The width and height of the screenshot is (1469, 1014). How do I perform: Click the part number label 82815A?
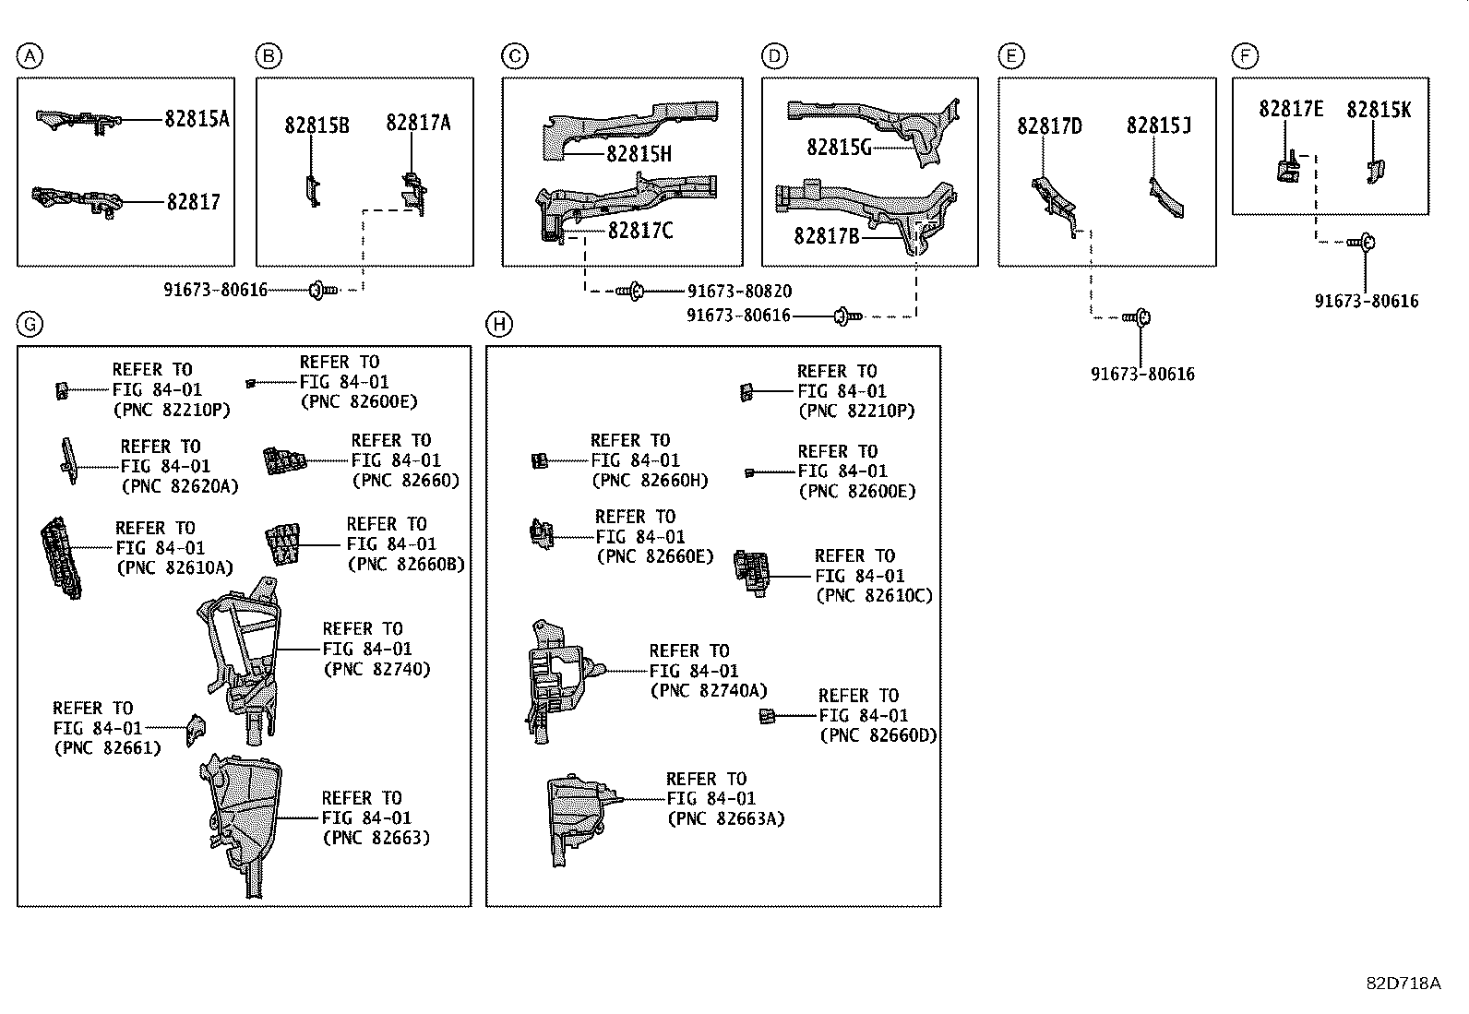coord(197,119)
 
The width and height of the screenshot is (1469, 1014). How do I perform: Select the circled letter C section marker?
coord(515,57)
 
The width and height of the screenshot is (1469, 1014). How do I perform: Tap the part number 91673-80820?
coord(739,292)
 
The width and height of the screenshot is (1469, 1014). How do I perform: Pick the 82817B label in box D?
coord(826,237)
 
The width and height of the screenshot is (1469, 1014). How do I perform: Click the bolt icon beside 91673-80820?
coord(630,292)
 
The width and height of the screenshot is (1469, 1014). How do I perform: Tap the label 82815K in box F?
coord(1379,110)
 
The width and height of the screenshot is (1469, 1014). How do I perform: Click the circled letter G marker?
coord(30,324)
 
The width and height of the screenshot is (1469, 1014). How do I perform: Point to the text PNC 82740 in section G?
coord(376,670)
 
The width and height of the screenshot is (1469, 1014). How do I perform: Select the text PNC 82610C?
coord(874,596)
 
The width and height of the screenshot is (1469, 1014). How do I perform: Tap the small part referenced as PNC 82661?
coord(195,729)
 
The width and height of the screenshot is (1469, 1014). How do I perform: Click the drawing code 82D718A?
coord(1403,984)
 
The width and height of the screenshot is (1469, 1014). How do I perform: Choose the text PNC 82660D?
coord(878,735)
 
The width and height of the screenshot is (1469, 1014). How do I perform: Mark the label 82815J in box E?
coord(1158,125)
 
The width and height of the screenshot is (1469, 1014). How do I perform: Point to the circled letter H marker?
coord(499,324)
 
